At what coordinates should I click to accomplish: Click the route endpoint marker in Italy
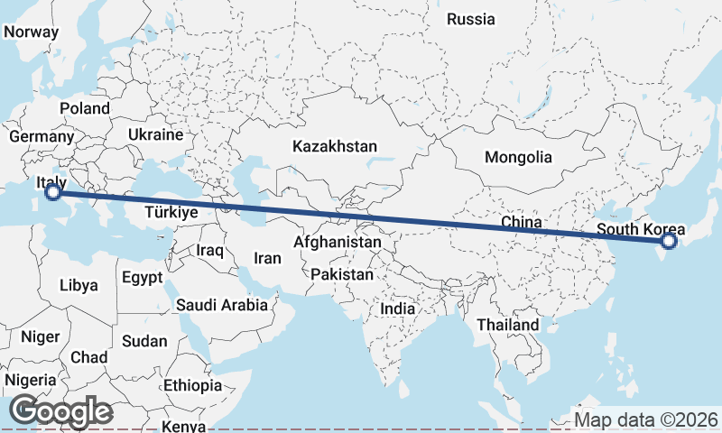coord(53,192)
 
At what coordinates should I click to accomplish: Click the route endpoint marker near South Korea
coord(668,241)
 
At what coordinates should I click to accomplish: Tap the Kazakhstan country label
coord(334,145)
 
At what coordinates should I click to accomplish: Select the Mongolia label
coord(518,157)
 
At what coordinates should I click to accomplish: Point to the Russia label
coord(471,19)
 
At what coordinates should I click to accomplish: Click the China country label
coord(521,222)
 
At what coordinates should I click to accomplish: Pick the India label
coord(398,309)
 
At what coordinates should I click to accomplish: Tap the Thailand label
coord(508,325)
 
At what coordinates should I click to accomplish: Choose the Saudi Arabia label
coord(222,305)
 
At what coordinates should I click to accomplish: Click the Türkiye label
coord(171,213)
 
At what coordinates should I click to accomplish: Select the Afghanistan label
coord(338,243)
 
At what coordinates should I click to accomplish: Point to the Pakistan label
coord(341,274)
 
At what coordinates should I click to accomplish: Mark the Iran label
coord(267,258)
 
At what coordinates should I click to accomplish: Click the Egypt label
coord(142,277)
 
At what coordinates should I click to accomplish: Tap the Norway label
coord(32,32)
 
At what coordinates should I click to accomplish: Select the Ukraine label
coord(155,134)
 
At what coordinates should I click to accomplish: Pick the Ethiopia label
coord(192,385)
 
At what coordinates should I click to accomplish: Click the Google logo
coord(60,411)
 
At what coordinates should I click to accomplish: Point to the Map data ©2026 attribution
coord(646,419)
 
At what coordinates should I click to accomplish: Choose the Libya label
coord(79,286)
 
